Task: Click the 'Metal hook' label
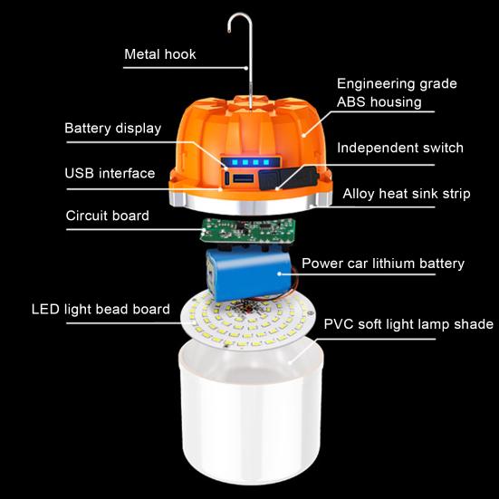[x=159, y=54]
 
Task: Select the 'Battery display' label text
[x=112, y=128]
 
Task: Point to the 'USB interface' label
[x=110, y=173]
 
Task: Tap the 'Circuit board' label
[x=107, y=216]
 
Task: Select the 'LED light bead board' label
[x=101, y=309]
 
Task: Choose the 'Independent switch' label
[x=400, y=148]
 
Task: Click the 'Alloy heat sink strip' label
[x=406, y=194]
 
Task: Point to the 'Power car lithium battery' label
[x=382, y=264]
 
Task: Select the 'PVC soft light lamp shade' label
[x=408, y=323]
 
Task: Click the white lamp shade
[x=249, y=417]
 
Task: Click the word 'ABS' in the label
[x=353, y=102]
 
